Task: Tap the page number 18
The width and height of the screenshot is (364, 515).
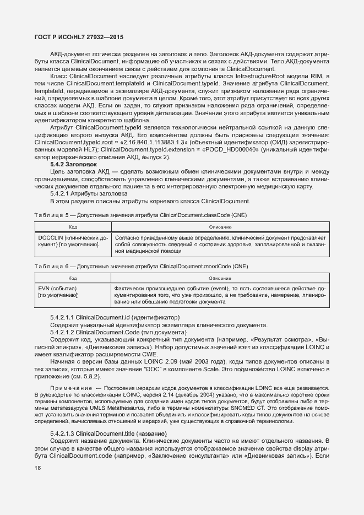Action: click(38, 468)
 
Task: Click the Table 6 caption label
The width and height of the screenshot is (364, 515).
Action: click(52, 267)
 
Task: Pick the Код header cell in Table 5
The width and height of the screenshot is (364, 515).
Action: click(73, 226)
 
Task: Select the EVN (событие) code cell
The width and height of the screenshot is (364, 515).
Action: click(58, 289)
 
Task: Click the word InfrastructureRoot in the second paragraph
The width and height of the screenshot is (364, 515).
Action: click(226, 75)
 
